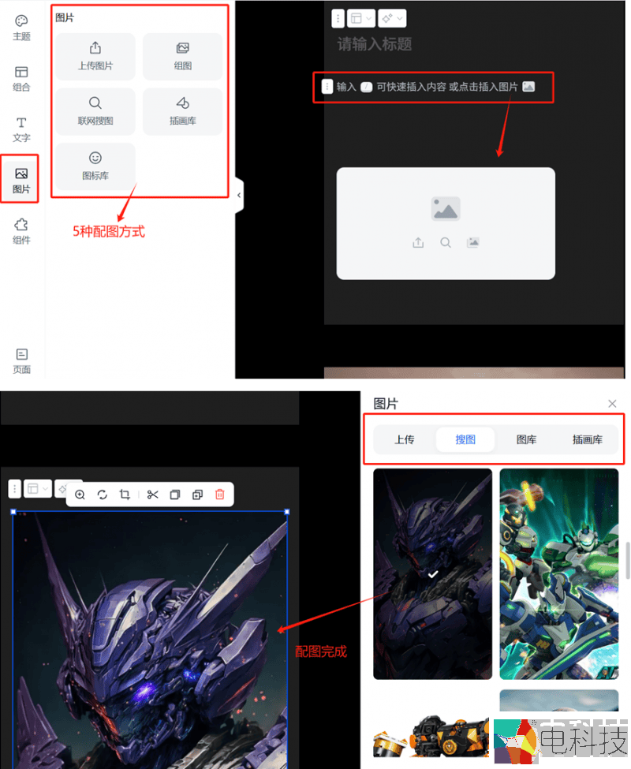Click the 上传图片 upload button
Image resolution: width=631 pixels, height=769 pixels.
[x=95, y=57]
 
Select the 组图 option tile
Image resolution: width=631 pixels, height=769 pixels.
[x=182, y=57]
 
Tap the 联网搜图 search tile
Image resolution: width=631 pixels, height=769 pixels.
[x=95, y=111]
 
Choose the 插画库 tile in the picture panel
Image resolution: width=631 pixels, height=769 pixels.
[x=182, y=111]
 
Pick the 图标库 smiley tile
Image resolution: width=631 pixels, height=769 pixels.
[x=95, y=166]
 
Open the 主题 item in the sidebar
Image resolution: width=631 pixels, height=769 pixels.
[x=21, y=28]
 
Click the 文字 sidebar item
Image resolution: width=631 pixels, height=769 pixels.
[x=21, y=129]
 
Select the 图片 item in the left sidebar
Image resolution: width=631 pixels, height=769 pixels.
[x=21, y=180]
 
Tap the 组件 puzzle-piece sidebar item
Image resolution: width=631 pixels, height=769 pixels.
[x=21, y=231]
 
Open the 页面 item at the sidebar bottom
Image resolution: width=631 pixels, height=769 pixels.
[x=21, y=361]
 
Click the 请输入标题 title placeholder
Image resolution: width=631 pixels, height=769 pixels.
[x=375, y=44]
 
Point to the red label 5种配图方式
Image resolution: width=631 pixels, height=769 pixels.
[x=109, y=231]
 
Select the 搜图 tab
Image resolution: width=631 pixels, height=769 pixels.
[x=465, y=439]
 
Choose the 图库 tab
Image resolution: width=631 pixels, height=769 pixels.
[x=526, y=439]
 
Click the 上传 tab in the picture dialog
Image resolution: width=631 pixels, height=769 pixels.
[x=405, y=439]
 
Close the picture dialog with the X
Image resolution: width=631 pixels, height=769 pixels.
[x=612, y=404]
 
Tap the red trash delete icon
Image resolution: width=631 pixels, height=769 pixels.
[x=219, y=495]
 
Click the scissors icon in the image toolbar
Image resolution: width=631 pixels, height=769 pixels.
[x=152, y=495]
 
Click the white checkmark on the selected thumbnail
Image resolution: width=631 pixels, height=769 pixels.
[x=432, y=574]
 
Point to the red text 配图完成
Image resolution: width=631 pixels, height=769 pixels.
[x=321, y=651]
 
